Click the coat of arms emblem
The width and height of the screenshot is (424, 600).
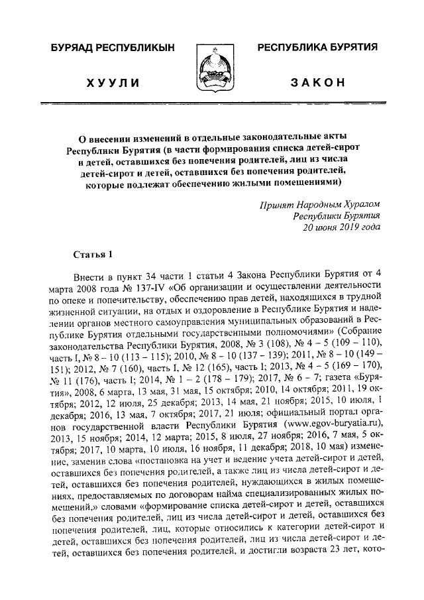coord(211,64)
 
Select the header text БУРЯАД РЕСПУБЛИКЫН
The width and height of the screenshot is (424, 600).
coord(112,48)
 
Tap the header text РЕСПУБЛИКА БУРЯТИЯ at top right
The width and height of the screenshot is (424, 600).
coord(317,47)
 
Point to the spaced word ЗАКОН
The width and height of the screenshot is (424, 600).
coord(317,82)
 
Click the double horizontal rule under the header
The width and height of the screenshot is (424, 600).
coord(211,103)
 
